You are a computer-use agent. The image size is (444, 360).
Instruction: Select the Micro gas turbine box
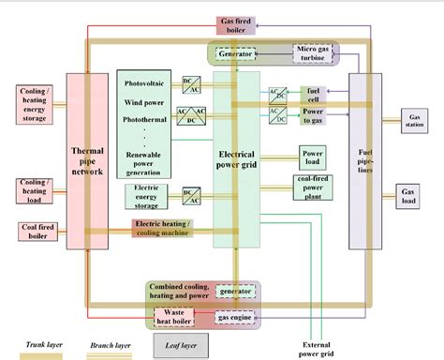[x=312, y=53]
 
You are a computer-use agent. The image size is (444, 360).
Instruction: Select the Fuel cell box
[x=312, y=95]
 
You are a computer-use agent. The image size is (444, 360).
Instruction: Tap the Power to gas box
[x=312, y=115]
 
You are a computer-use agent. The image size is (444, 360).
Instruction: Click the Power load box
[x=312, y=155]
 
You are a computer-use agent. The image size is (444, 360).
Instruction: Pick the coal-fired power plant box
[x=312, y=187]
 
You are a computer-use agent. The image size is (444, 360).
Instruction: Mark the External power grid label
[x=304, y=348]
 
